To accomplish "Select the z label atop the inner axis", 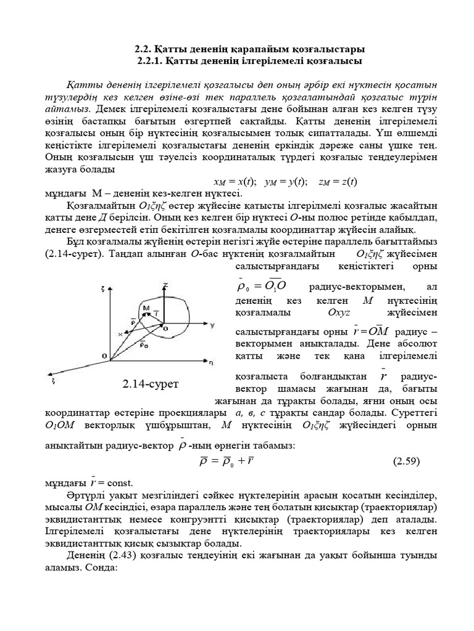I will pyautogui.click(x=165, y=285).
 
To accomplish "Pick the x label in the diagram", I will pyautogui.click(x=120, y=333).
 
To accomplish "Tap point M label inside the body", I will pyautogui.click(x=146, y=307).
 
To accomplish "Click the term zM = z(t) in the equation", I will pyautogui.click(x=338, y=182).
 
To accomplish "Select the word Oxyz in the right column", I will pyautogui.click(x=339, y=312).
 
